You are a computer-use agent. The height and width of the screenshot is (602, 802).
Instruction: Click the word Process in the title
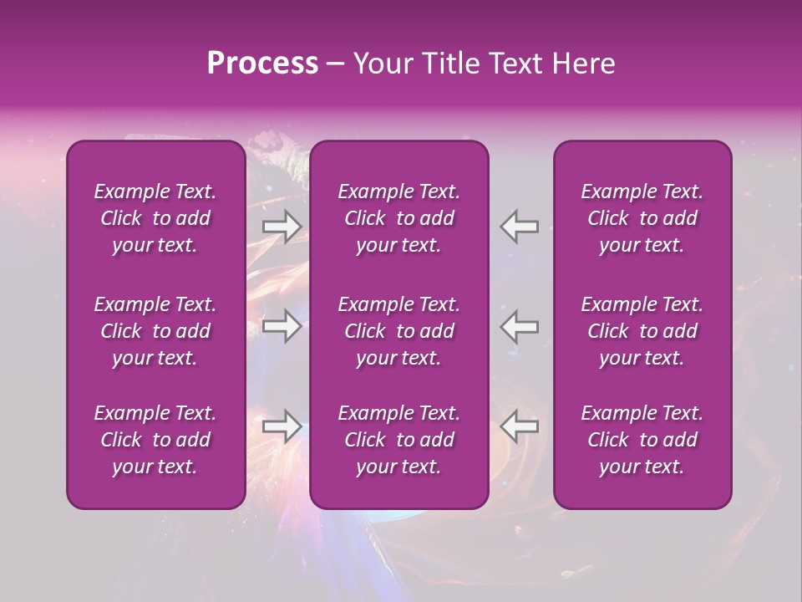pyautogui.click(x=262, y=64)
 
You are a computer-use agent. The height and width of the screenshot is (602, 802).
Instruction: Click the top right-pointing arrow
pyautogui.click(x=282, y=226)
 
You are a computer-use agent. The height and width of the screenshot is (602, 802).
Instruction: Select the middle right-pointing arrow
pyautogui.click(x=282, y=326)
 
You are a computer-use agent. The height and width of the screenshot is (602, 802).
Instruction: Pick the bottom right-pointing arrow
pyautogui.click(x=282, y=426)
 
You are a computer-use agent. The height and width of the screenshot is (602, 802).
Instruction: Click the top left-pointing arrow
pyautogui.click(x=520, y=226)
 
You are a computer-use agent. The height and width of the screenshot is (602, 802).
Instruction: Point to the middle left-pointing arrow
pyautogui.click(x=520, y=326)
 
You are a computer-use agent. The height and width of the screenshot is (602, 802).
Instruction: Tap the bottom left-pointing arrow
pyautogui.click(x=520, y=426)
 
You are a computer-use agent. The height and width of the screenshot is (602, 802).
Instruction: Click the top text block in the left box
pyautogui.click(x=155, y=218)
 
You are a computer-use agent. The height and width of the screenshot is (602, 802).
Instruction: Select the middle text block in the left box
pyautogui.click(x=155, y=331)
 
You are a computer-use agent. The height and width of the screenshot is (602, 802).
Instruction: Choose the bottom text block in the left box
pyautogui.click(x=155, y=440)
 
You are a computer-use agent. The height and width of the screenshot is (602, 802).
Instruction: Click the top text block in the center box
pyautogui.click(x=399, y=218)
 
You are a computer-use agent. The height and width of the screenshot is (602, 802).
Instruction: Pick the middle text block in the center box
pyautogui.click(x=399, y=331)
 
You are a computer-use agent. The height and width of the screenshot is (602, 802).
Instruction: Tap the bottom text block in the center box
pyautogui.click(x=399, y=440)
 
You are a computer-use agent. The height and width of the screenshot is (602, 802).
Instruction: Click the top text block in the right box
pyautogui.click(x=642, y=218)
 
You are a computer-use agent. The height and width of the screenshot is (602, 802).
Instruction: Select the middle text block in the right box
pyautogui.click(x=642, y=331)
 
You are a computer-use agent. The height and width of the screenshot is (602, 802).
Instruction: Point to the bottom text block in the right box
pyautogui.click(x=642, y=440)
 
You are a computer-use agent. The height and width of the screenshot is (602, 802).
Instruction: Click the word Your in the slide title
pyautogui.click(x=378, y=64)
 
